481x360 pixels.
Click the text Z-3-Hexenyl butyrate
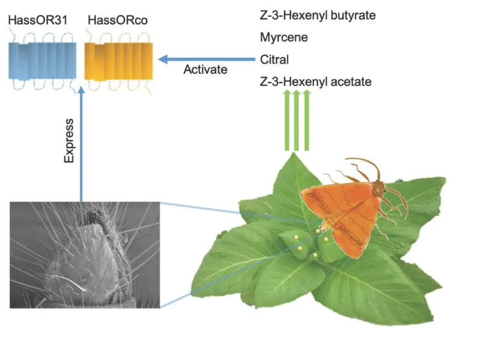coord(318,16)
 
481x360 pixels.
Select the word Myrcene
coord(284,37)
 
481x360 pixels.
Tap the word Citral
coord(274,59)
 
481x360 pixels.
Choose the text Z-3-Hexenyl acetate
coord(316,81)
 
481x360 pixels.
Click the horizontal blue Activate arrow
coord(205,59)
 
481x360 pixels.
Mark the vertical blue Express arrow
coord(81,145)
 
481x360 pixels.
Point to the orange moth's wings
coord(341,214)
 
